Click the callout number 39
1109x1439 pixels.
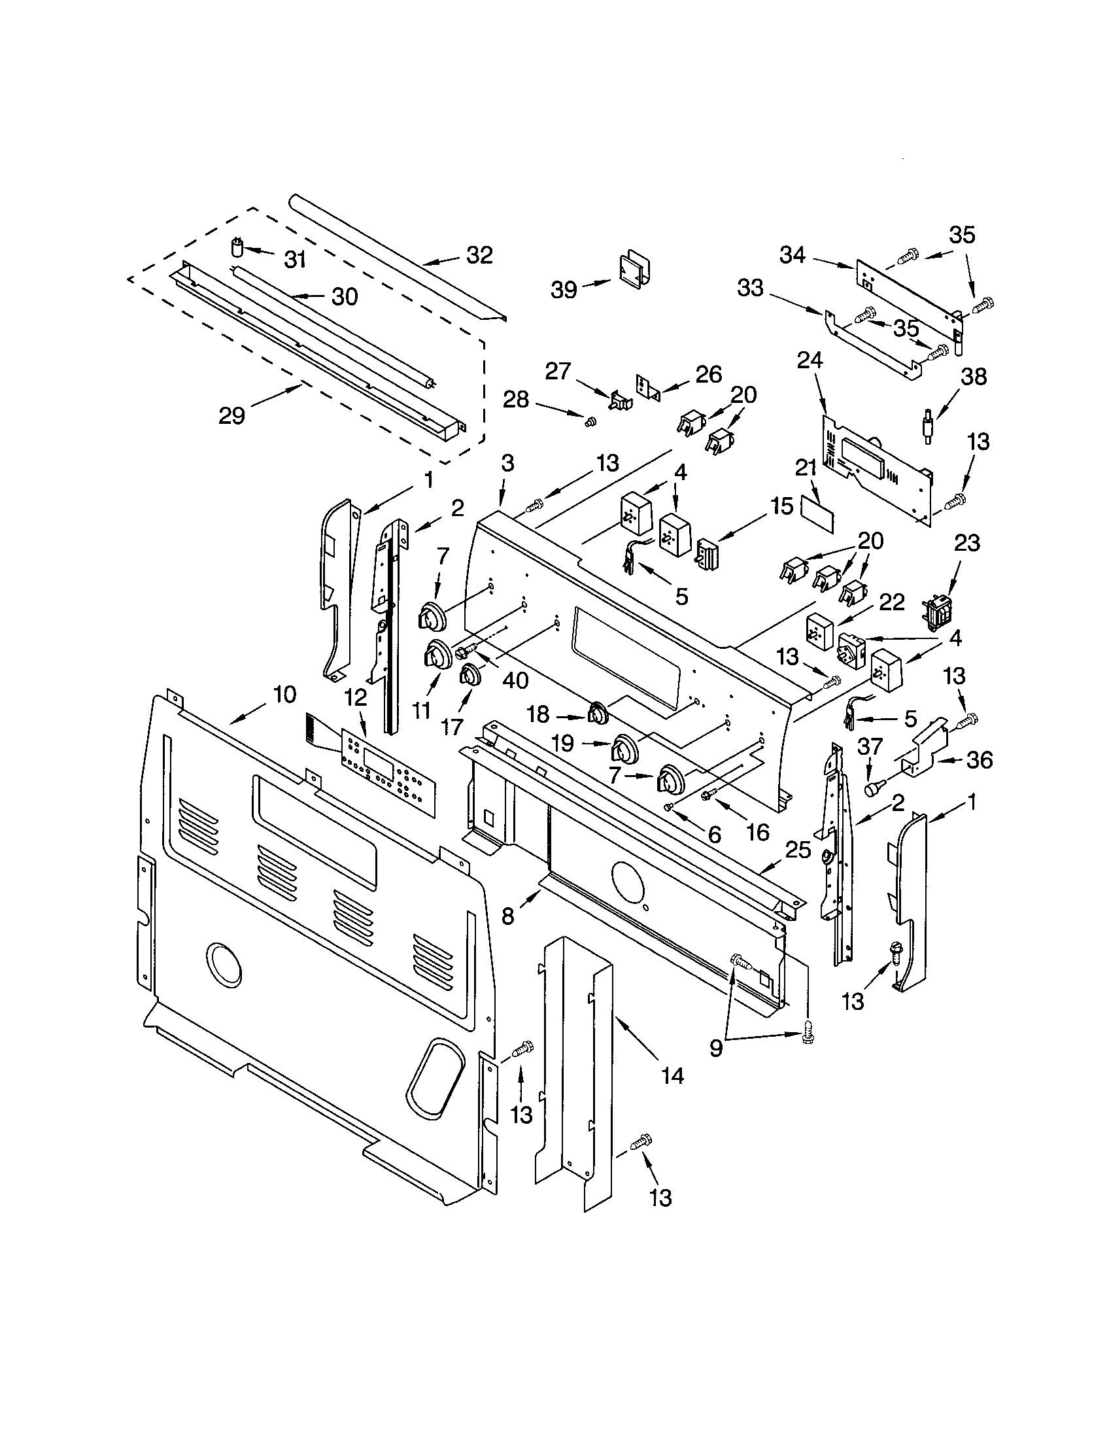pos(564,289)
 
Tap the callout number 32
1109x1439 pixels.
pos(479,255)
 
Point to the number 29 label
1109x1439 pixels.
pos(232,416)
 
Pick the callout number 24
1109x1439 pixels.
pos(810,360)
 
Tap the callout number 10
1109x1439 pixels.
pos(284,694)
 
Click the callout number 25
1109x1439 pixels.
pos(798,849)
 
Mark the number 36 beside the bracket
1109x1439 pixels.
pos(978,759)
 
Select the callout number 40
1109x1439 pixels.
pos(515,680)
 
